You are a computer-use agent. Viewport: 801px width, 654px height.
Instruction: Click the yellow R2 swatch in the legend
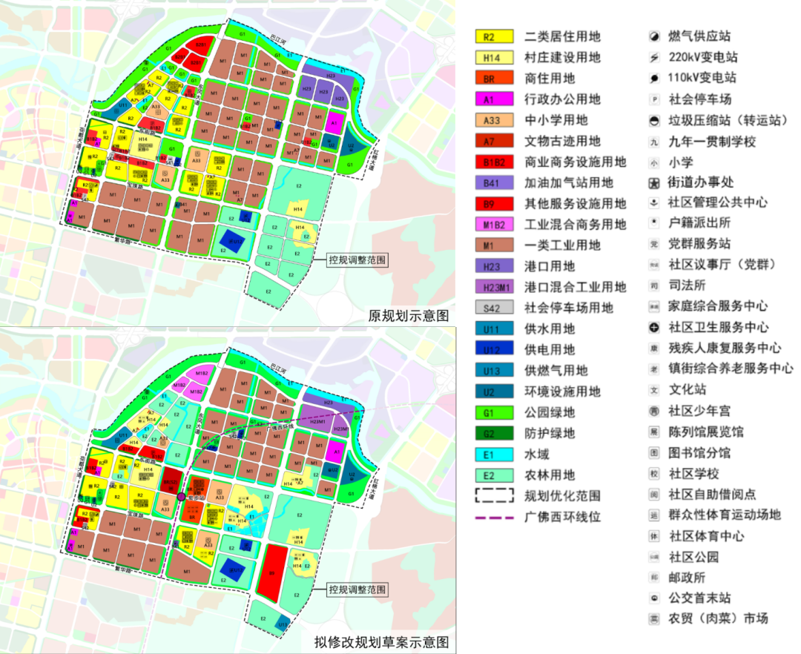pos(494,36)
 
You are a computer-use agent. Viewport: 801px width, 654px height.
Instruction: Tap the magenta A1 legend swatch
pos(494,99)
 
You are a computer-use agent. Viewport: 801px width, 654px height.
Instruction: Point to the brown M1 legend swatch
pos(494,245)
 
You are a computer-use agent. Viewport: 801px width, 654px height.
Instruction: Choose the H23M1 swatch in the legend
pos(494,287)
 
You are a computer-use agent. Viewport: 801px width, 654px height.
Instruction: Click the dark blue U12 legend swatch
pos(494,350)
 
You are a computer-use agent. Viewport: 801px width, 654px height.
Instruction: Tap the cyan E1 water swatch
pos(494,455)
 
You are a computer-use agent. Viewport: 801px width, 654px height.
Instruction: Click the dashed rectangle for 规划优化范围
pos(494,496)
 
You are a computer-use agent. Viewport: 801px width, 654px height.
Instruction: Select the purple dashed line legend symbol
pos(494,517)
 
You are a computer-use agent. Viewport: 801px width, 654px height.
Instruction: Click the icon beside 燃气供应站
pos(654,36)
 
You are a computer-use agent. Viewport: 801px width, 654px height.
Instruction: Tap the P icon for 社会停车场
pos(654,99)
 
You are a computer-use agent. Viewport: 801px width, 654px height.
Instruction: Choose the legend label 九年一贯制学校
pos(712,141)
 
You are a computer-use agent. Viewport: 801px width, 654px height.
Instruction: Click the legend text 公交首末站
pos(700,598)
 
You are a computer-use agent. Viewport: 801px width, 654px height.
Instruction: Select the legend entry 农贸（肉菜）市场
pos(718,618)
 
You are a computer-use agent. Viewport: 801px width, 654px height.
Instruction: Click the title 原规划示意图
pos(409,315)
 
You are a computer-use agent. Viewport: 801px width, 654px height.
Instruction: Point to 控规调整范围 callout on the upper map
pos(358,260)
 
